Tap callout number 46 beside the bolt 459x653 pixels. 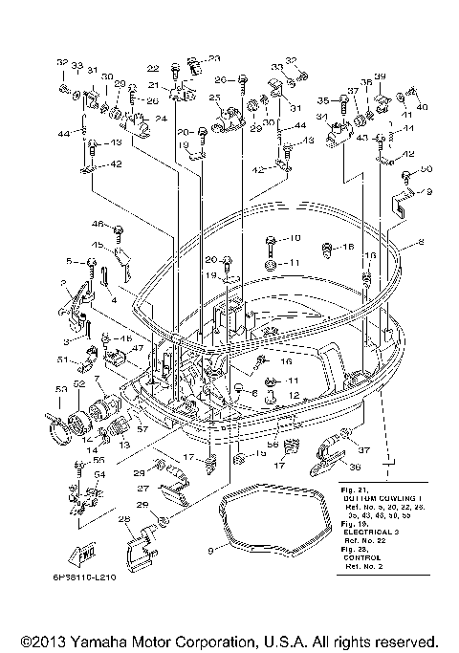click(98, 224)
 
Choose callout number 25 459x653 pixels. click(214, 97)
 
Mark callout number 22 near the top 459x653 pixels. click(152, 68)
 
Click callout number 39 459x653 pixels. click(380, 76)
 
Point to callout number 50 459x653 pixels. click(426, 169)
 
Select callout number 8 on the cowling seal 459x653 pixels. click(419, 246)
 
